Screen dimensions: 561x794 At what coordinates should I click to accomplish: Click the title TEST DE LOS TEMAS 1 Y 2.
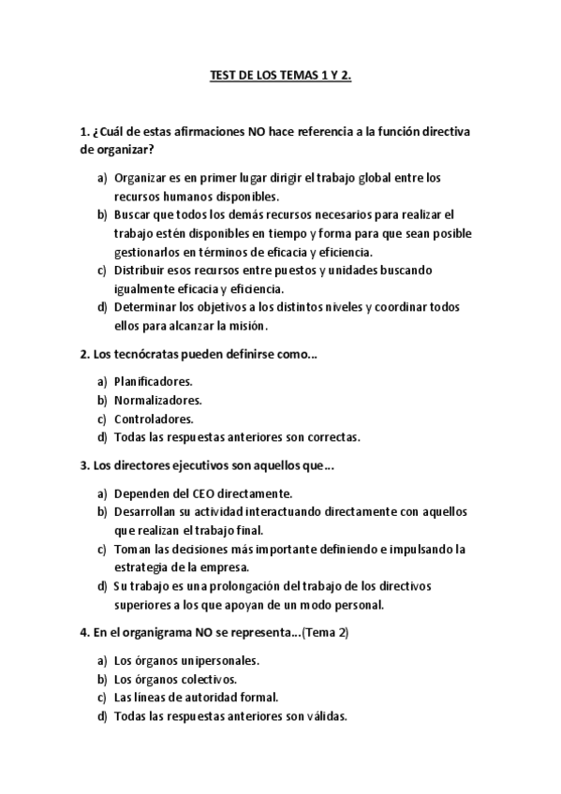pyautogui.click(x=280, y=80)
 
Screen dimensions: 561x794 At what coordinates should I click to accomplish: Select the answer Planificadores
pyautogui.click(x=153, y=381)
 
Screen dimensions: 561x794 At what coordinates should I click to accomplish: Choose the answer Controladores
pyautogui.click(x=154, y=419)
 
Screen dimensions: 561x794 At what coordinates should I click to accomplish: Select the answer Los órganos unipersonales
pyautogui.click(x=186, y=660)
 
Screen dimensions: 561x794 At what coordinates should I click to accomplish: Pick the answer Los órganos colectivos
pyautogui.click(x=175, y=679)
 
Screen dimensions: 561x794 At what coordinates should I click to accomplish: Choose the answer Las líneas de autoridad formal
pyautogui.click(x=196, y=698)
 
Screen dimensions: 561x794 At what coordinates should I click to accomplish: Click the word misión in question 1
pyautogui.click(x=250, y=326)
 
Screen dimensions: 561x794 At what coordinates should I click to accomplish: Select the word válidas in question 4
pyautogui.click(x=325, y=716)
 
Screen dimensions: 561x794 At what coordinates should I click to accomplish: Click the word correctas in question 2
pyautogui.click(x=334, y=437)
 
